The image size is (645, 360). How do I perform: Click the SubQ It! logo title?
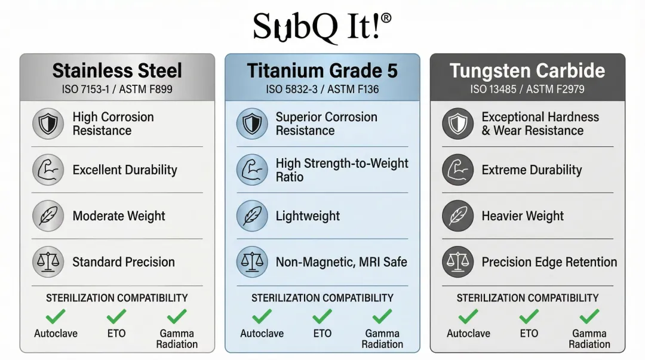coord(322,27)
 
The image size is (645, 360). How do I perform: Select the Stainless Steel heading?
coord(117,70)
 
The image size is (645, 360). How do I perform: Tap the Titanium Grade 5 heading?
coord(322,70)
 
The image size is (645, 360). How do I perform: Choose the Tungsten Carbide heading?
coord(527,70)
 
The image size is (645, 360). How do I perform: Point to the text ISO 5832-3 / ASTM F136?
coord(322,90)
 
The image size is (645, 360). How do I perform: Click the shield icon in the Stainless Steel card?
coord(48,124)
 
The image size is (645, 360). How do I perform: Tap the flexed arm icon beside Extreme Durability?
coord(458,170)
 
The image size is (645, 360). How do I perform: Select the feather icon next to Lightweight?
coord(252,216)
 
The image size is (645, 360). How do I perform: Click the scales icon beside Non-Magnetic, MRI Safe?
coord(252,261)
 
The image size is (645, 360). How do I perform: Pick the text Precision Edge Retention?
coord(549,262)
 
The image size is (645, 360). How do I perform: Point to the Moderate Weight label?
coord(119,216)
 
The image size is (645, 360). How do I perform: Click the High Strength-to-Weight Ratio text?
coord(342,170)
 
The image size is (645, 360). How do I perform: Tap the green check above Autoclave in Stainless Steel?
coord(56,316)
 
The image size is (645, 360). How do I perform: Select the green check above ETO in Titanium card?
coord(322,316)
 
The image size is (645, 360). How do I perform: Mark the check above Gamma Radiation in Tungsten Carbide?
coord(589,316)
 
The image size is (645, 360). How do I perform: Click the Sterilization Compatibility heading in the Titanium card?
coord(322,298)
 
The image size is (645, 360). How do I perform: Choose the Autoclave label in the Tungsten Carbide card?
coord(469,333)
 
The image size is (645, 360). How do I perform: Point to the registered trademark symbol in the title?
coord(386,19)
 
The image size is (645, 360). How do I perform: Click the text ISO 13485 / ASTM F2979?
coord(527,90)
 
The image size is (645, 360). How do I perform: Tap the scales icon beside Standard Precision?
coord(48,261)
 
